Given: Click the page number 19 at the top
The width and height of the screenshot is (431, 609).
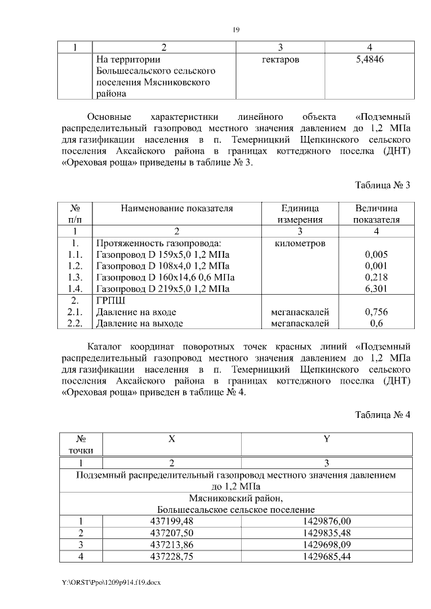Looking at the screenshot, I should pyautogui.click(x=236, y=29).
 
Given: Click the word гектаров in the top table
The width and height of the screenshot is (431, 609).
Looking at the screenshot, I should pyautogui.click(x=279, y=59).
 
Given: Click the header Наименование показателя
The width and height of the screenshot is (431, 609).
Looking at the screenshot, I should pyautogui.click(x=177, y=209).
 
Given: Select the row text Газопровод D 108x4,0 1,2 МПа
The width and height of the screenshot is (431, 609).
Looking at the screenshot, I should pyautogui.click(x=159, y=266).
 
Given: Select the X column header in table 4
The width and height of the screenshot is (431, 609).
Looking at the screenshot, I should pyautogui.click(x=172, y=439).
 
